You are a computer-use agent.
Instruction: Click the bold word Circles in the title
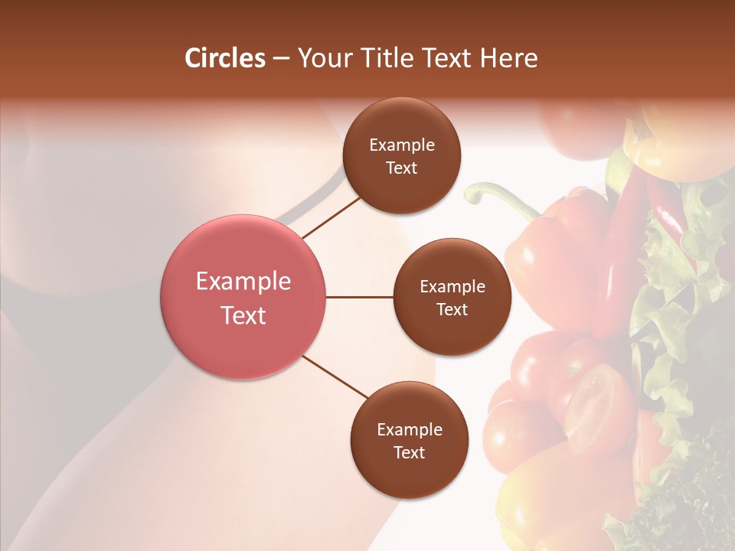pos(225,58)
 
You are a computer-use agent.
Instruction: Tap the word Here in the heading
pos(508,58)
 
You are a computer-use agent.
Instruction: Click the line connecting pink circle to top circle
pos(331,217)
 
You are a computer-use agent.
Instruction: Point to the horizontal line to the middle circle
pos(360,297)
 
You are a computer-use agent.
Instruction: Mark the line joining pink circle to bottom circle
pos(335,377)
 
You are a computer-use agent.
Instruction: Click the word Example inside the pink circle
pos(243,282)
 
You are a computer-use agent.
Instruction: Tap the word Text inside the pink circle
pos(243,315)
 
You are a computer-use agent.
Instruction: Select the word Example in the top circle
pos(402,145)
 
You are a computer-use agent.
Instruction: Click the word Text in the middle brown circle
pos(452,310)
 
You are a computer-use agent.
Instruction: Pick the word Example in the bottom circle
pos(410,430)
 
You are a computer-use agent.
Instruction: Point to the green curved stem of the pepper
pos(498,195)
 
